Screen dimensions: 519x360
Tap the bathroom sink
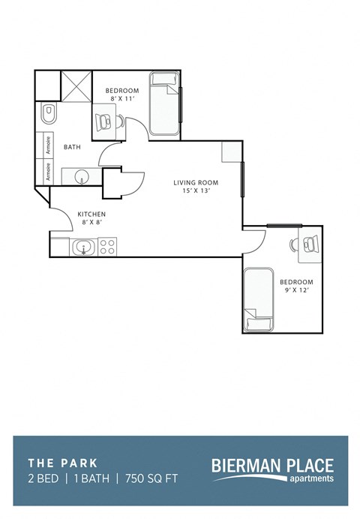point(80,177)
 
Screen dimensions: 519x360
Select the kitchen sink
point(82,246)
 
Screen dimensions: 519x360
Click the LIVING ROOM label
point(196,182)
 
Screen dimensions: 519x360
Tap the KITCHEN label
point(92,214)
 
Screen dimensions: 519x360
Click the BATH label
point(72,147)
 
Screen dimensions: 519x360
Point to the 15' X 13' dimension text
point(196,191)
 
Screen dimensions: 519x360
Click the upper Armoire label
point(49,144)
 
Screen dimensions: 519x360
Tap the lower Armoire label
point(49,171)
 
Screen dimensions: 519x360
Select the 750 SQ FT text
point(152,478)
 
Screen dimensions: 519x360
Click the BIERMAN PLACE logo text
point(272,466)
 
